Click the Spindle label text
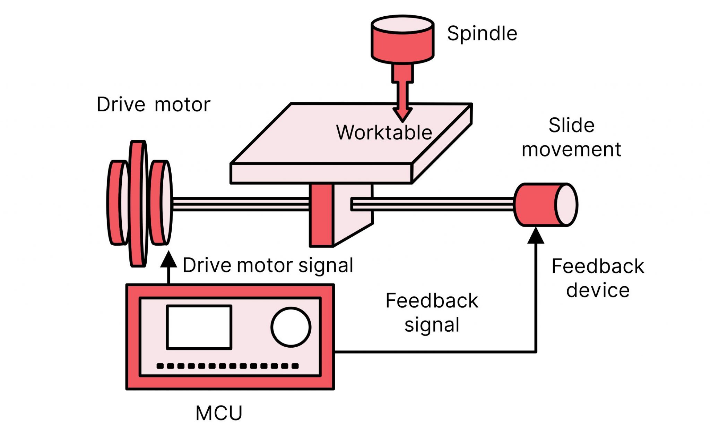click(x=482, y=34)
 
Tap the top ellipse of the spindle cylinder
click(x=402, y=25)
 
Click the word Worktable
click(x=384, y=133)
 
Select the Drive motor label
click(x=153, y=104)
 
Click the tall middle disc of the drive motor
click(x=138, y=204)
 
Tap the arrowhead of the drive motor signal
click(x=169, y=260)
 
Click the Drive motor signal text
click(x=268, y=265)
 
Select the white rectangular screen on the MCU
click(x=199, y=327)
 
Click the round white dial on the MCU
click(x=291, y=327)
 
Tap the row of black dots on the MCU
click(x=227, y=366)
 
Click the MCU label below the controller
click(x=219, y=413)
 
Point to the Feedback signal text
click(x=432, y=312)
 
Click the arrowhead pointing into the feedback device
click(x=536, y=236)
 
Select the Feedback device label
click(x=598, y=278)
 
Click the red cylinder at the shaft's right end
click(x=536, y=205)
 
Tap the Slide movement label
click(x=571, y=137)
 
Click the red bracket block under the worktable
click(x=321, y=215)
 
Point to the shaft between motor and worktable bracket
click(x=241, y=204)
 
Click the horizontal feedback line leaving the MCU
click(x=433, y=352)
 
